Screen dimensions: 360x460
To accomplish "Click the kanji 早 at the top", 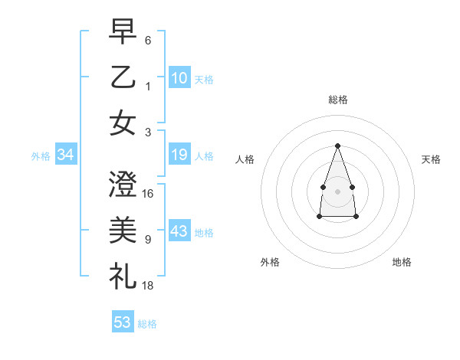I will [123, 31].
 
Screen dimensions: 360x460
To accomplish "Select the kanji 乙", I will [123, 77].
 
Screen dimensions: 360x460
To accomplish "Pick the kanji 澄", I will [123, 185].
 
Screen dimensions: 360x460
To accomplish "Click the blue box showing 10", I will [179, 77].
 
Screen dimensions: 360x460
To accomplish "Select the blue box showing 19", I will [179, 155].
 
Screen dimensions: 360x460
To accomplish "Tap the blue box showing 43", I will [179, 232].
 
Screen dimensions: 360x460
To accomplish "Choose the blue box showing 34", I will [66, 155].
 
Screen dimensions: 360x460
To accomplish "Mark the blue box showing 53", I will [123, 322].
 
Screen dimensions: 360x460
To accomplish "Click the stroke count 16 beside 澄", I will [148, 193].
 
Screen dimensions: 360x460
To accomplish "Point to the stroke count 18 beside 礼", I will [148, 286].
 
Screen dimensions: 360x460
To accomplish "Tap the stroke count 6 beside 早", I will [148, 40].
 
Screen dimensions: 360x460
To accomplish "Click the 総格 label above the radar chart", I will [337, 100].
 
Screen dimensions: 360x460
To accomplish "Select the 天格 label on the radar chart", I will [431, 159].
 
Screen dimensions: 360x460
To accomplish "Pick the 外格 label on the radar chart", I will [270, 262].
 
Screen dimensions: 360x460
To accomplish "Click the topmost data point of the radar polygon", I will [337, 146].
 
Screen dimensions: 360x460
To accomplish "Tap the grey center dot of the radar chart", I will [337, 191].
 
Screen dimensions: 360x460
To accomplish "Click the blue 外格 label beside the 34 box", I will [41, 156].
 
